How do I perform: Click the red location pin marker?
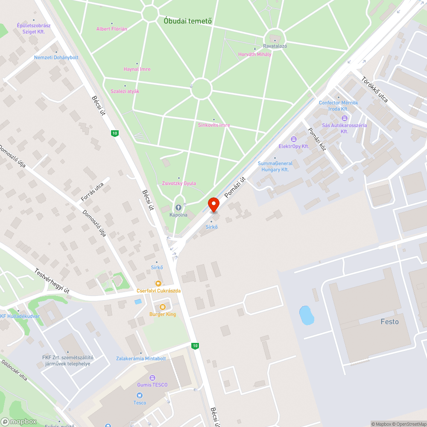pos(213,205)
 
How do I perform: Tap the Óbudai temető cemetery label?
pos(188,20)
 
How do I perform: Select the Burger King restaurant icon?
pos(162,307)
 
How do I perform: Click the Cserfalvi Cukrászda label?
pos(158,291)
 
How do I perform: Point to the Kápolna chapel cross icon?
pos(178,207)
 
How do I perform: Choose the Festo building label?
pos(389,322)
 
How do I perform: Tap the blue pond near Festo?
pos(307,315)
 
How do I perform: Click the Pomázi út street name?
pos(236,187)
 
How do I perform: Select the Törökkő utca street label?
pos(374,89)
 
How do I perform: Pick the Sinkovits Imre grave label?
pos(214,125)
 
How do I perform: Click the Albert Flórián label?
pos(111,29)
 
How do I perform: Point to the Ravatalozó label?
pos(275,46)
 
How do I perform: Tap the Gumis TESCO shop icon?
pos(152,377)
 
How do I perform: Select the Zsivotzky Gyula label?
pos(179,183)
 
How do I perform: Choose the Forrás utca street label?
pos(92,192)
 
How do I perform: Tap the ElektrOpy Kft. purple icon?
pos(293,139)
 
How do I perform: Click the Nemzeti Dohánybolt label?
pos(56,57)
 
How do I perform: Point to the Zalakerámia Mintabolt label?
pos(141,358)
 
